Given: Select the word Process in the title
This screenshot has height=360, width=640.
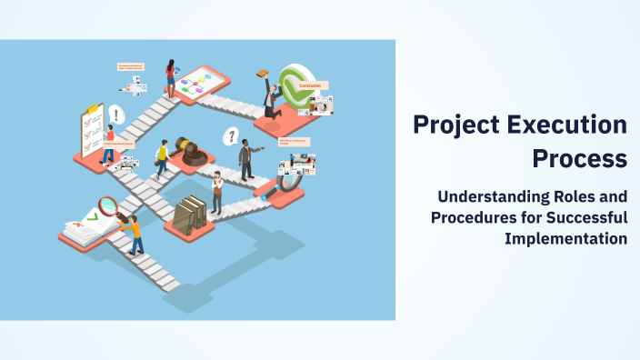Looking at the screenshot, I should point(580,158).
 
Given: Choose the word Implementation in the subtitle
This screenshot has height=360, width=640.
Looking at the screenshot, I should point(565,238).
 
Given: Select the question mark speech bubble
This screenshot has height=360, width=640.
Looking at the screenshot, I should point(232,137).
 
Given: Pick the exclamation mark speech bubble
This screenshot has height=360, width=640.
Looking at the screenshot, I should point(115,115).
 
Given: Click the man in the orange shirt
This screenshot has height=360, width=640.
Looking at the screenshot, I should point(135,234).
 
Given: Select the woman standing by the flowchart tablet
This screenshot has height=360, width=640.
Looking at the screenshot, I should point(170,78).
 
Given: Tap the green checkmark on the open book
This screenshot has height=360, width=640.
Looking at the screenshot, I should point(91,218).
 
